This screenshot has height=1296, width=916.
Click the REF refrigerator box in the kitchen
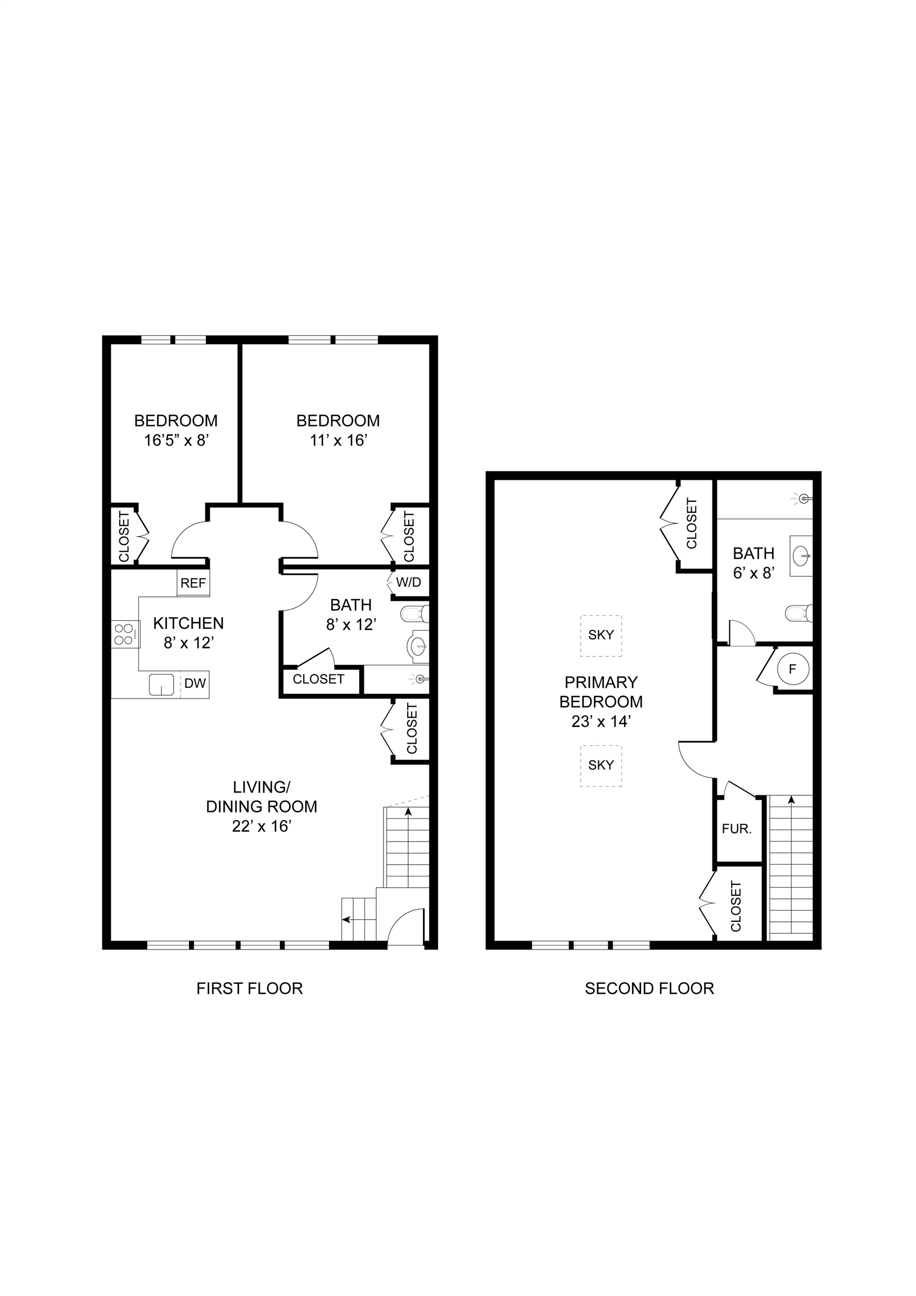coord(193,583)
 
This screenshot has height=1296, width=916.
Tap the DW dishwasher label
coord(195,683)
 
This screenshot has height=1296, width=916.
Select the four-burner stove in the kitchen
coord(125,634)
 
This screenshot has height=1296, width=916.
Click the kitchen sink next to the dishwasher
coord(161,685)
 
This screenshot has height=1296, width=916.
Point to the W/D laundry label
coord(409,583)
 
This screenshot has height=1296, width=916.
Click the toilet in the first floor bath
coord(415,613)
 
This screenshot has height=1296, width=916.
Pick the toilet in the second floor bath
coord(799,613)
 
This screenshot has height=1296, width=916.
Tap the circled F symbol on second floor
coord(793,669)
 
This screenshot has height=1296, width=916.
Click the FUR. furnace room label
coord(737,830)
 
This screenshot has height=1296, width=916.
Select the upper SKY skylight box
coord(601,636)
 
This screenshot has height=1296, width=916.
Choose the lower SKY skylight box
coord(601,766)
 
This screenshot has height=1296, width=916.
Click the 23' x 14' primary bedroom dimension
coord(601,721)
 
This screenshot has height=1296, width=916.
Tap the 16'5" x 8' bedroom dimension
coord(177,440)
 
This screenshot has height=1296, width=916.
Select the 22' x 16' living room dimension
coord(262,826)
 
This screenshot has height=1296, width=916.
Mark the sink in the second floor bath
coord(801,556)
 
